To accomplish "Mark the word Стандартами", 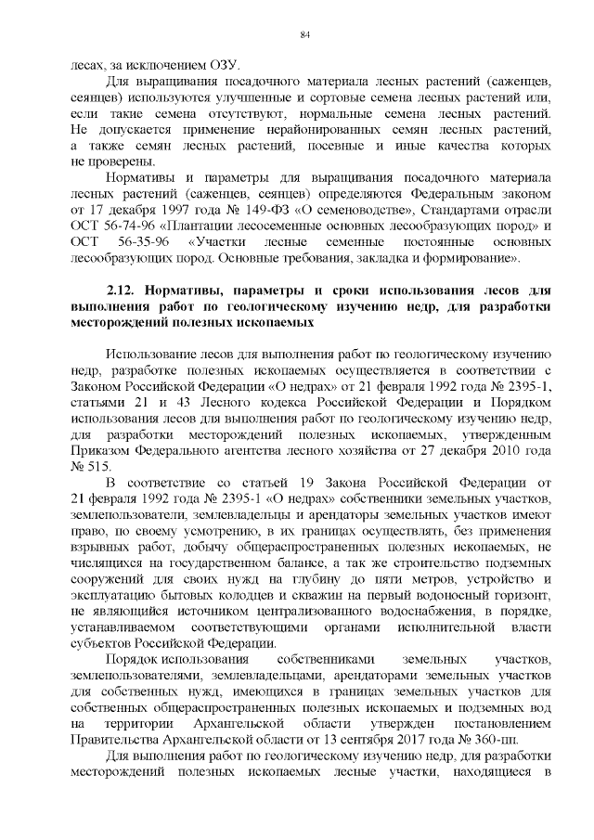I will tap(465, 211).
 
